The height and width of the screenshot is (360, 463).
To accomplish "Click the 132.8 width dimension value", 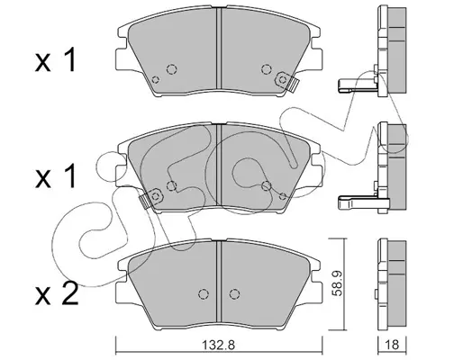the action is click(x=218, y=345).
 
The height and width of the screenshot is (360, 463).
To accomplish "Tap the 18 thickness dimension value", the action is click(x=392, y=345).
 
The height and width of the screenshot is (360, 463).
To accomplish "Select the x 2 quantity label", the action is click(x=57, y=293).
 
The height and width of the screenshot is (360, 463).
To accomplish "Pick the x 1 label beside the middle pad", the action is click(x=55, y=176).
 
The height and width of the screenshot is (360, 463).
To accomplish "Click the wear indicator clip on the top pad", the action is click(x=286, y=81).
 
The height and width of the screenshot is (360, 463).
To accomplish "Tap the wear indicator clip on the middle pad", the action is click(x=150, y=198).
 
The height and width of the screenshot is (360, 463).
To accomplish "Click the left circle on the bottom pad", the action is click(x=204, y=293).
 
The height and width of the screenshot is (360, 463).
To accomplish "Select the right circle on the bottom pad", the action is click(x=234, y=293).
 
